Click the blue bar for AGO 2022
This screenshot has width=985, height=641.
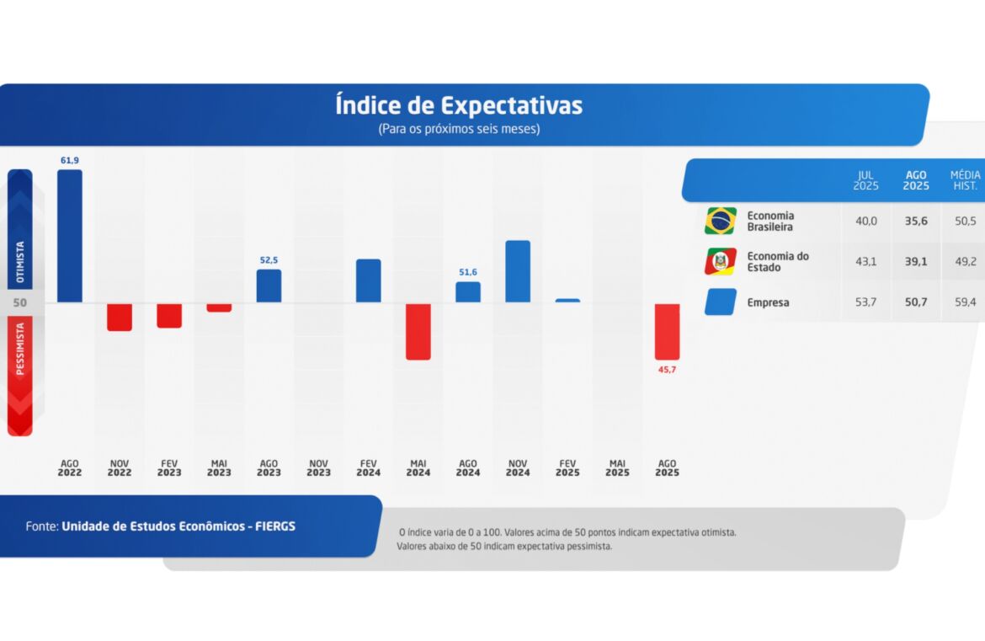tap(70, 236)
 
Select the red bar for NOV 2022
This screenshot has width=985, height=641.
tap(120, 317)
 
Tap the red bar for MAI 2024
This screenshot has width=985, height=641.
tap(418, 331)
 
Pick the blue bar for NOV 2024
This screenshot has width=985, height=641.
tap(518, 271)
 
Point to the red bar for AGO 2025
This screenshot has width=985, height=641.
tap(667, 331)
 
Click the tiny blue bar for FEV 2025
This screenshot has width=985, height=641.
tap(567, 300)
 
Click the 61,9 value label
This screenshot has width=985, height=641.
tap(70, 160)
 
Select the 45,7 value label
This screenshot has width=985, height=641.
tap(667, 370)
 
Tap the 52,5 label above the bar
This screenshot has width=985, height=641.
tap(269, 260)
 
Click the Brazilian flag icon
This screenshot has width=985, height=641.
tap(721, 221)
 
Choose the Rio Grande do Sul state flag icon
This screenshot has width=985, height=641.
tap(721, 261)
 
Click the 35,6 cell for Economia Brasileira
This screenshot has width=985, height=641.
tap(916, 221)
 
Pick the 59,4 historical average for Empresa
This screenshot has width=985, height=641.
tap(966, 302)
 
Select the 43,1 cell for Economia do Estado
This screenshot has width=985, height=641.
tap(865, 261)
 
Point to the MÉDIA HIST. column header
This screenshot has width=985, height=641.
tap(965, 180)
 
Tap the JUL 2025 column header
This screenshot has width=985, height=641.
tap(865, 180)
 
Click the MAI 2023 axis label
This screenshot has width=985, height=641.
tap(219, 468)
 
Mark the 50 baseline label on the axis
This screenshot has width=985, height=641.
tap(20, 302)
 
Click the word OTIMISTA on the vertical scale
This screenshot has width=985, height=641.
tap(20, 262)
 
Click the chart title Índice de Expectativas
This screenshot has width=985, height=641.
tap(459, 106)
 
